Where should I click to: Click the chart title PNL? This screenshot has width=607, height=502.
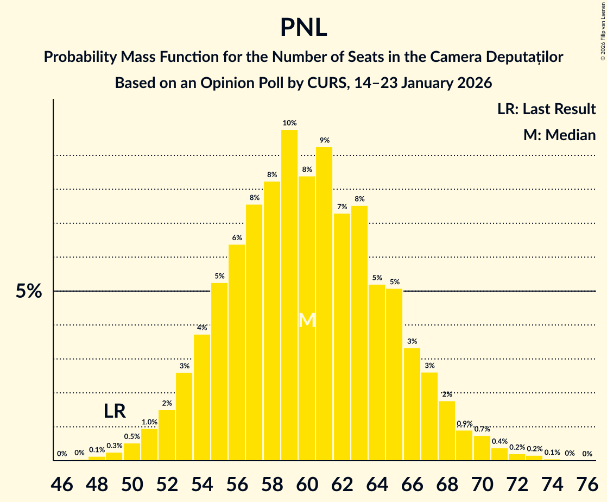pyautogui.click(x=303, y=28)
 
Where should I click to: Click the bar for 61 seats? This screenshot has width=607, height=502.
pyautogui.click(x=324, y=304)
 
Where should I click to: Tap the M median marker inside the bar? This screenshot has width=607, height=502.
pyautogui.click(x=307, y=320)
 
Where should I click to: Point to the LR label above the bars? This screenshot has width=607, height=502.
pyautogui.click(x=115, y=411)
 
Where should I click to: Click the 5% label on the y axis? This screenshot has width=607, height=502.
pyautogui.click(x=29, y=292)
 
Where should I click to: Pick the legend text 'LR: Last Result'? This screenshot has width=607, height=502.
pyautogui.click(x=546, y=109)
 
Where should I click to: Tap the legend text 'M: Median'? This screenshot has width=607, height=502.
pyautogui.click(x=559, y=135)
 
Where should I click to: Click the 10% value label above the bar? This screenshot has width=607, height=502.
pyautogui.click(x=289, y=123)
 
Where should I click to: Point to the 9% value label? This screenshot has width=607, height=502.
pyautogui.click(x=324, y=140)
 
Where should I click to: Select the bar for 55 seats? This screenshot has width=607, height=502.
pyautogui.click(x=219, y=372)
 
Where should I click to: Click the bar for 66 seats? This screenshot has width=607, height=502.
pyautogui.click(x=412, y=404)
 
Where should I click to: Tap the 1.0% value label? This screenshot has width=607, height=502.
pyautogui.click(x=149, y=422)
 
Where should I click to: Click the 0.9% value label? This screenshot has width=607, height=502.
pyautogui.click(x=464, y=424)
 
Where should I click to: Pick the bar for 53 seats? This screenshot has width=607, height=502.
pyautogui.click(x=184, y=416)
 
